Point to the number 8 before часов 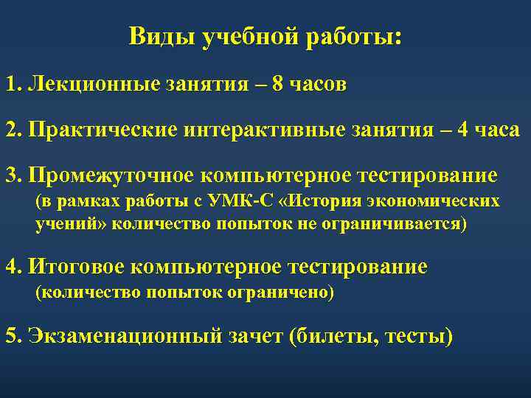coord(277,83)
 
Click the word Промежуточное coord(113,177)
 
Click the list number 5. coord(11,335)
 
